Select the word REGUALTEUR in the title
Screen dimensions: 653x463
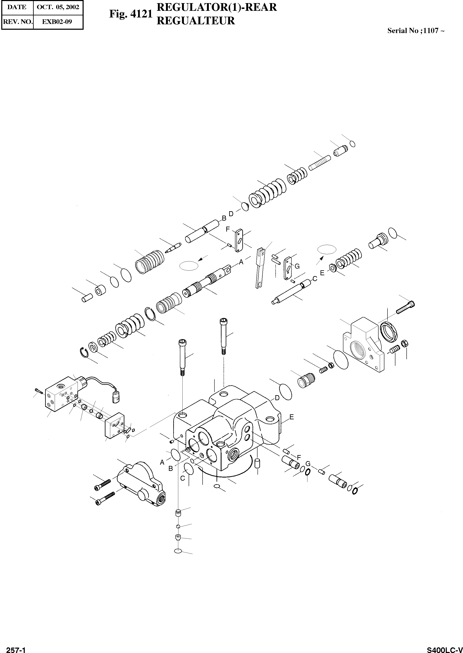pos(196,21)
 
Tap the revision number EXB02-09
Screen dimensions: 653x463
pos(57,21)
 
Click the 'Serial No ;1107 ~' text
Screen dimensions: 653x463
pos(415,31)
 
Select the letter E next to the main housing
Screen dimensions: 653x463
pos(291,417)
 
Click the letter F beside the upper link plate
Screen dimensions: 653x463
pos(228,229)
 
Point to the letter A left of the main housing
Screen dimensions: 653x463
pos(162,462)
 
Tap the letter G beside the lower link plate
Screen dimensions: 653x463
pos(297,266)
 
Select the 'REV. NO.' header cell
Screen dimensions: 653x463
pos(17,21)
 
